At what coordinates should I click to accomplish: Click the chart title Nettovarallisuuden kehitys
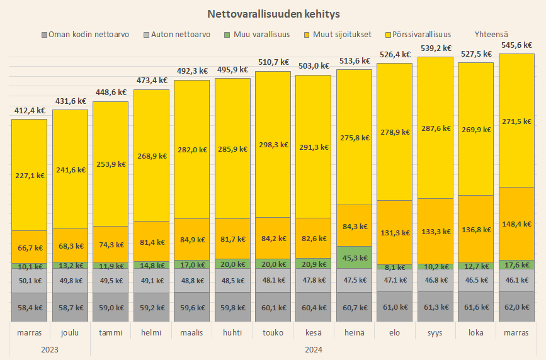coord(273,13)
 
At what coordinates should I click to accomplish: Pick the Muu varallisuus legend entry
coord(261,34)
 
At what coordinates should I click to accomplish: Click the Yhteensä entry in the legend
coord(492,34)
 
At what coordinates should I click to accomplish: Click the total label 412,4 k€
coord(30,111)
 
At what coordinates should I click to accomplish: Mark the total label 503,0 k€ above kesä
coord(314,66)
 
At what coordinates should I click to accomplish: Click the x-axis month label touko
coord(273,332)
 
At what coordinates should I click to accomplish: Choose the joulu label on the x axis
coord(70,332)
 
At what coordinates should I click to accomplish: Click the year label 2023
coord(50,349)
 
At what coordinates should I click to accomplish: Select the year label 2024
coord(314,349)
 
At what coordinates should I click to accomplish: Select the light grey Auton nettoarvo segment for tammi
coord(110,281)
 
